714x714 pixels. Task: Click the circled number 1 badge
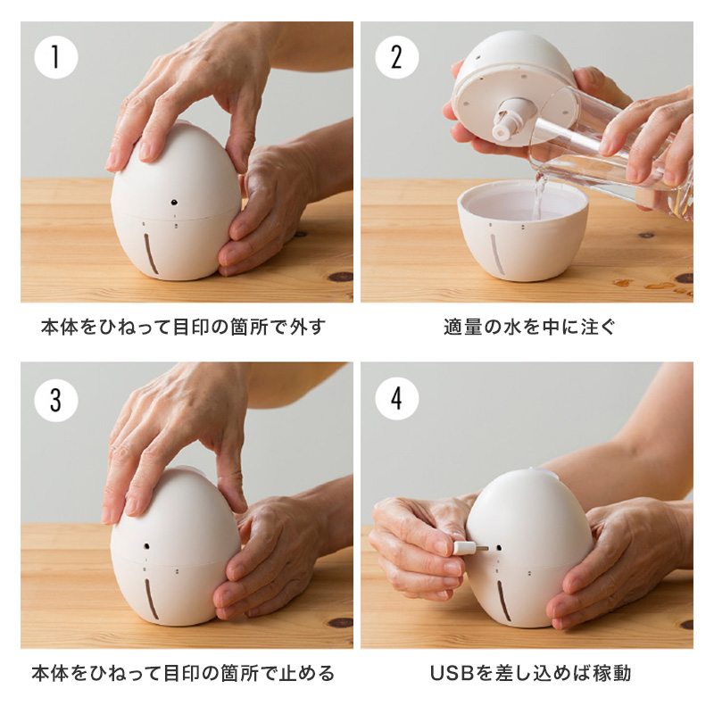point(56,57)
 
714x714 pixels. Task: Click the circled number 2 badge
point(396,57)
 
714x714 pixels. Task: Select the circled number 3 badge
point(56,400)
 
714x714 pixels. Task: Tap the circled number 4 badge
point(396,399)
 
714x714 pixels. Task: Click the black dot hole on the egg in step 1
point(174,203)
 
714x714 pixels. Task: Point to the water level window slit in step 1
point(151,253)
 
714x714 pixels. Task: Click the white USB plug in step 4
point(465,548)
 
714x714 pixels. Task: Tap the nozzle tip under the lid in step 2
point(501,131)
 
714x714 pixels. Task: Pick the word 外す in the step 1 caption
point(308,327)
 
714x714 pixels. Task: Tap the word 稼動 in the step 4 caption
point(612,673)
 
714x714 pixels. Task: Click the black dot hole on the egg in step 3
point(147,545)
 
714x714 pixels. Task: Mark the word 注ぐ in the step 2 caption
point(597,327)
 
